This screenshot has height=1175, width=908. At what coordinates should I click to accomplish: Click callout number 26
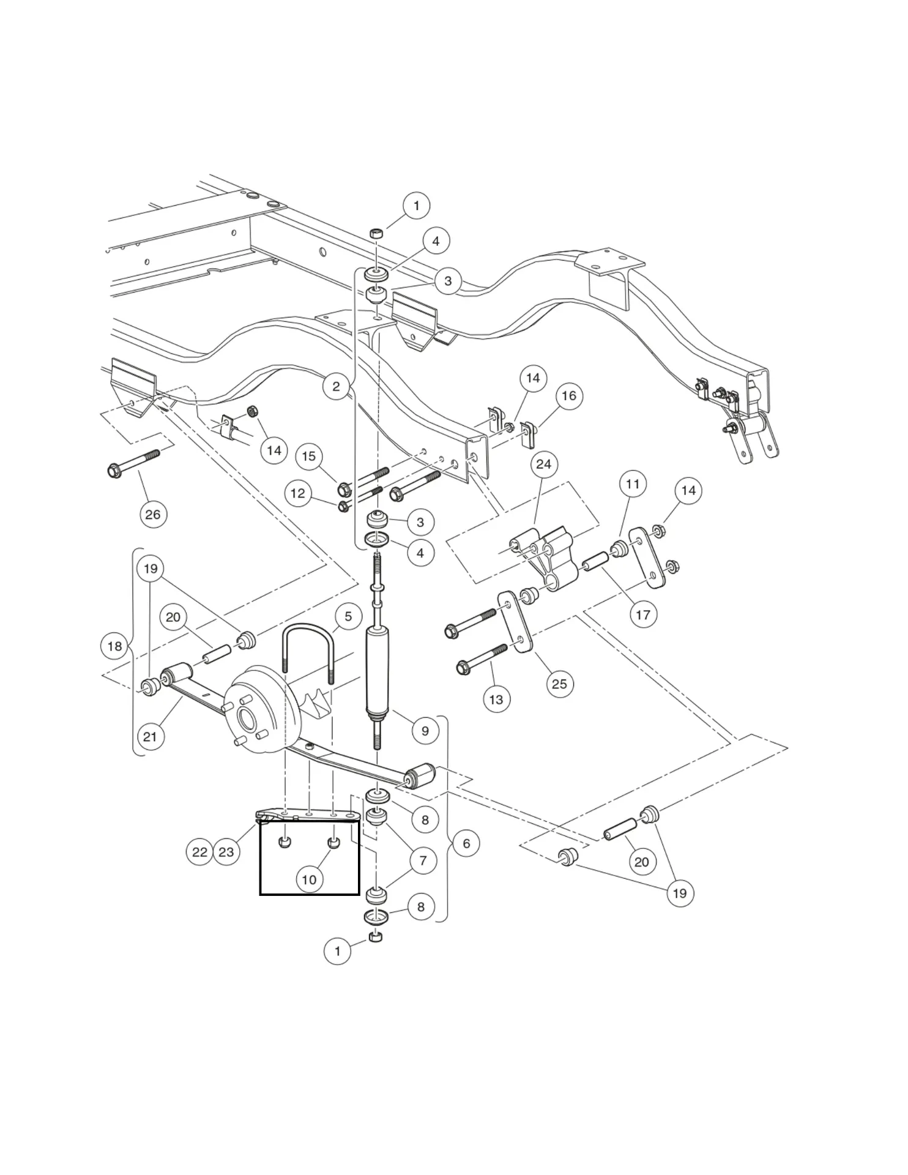coord(152,514)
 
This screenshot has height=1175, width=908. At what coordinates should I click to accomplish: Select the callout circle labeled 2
coord(336,386)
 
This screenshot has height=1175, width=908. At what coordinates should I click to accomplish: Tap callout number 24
coord(543,464)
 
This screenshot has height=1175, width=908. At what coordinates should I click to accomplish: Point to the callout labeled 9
coord(425,730)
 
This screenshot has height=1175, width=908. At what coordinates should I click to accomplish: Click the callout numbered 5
coord(348,616)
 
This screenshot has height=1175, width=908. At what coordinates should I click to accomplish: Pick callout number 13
coord(496,699)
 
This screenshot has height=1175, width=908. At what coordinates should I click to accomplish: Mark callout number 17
coord(642,614)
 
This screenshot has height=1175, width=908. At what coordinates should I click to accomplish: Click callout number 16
coord(569,395)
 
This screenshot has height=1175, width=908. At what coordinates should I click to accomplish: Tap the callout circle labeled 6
coord(466,843)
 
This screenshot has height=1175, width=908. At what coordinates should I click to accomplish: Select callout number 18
coord(114,646)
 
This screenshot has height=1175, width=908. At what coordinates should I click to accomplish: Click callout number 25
coord(559,684)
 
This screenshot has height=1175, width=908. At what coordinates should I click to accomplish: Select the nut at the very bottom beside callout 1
coord(376,936)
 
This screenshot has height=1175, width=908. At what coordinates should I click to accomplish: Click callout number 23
coord(226,852)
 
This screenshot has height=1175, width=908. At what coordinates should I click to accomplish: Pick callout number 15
coord(309,456)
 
